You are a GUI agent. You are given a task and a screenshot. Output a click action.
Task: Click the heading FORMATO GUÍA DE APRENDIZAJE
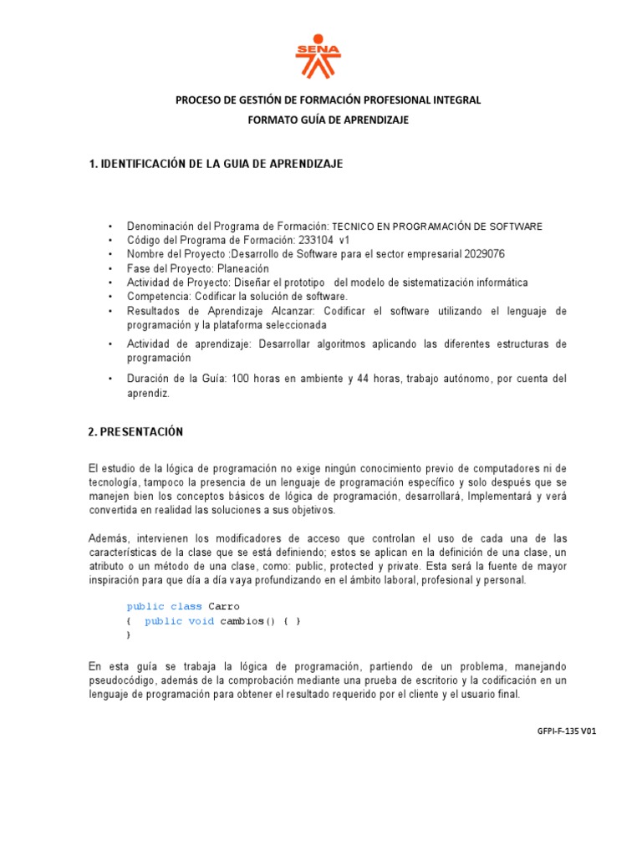coord(328,120)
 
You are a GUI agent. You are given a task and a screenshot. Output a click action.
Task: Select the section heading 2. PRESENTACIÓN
coord(135,432)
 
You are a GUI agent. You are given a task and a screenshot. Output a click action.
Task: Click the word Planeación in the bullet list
coord(243,268)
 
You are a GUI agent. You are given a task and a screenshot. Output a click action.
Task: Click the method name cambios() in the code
coord(248,621)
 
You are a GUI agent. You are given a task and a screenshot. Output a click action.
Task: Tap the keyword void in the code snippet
coord(201,621)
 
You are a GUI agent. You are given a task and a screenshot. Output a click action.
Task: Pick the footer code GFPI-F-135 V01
coord(566,731)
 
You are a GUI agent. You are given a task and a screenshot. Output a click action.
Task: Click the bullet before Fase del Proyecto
coord(110,268)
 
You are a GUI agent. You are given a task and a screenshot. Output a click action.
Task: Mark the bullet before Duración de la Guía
coord(110,380)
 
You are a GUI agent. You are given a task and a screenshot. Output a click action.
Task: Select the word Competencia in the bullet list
coord(153,297)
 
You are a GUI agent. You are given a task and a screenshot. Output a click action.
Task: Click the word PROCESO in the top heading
coord(199,100)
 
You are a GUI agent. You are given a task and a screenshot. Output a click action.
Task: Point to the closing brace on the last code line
coord(129,635)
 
